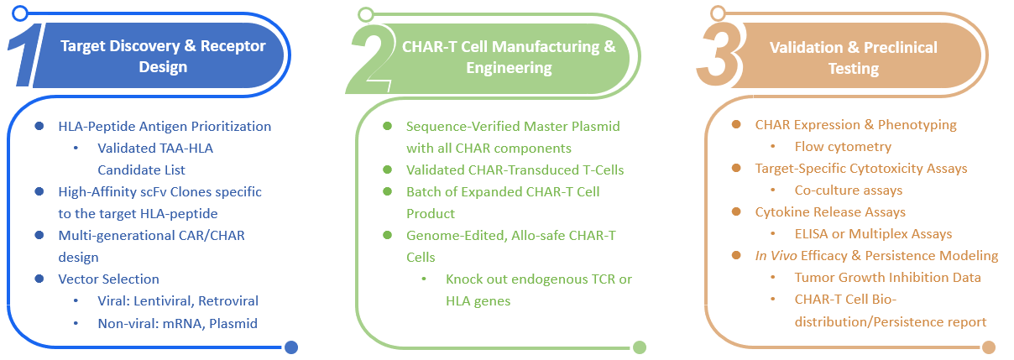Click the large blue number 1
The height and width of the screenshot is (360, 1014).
27,55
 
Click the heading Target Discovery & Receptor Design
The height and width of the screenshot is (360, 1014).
163,56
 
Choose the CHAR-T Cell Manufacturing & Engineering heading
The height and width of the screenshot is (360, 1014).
509,56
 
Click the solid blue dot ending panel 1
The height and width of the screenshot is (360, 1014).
291,347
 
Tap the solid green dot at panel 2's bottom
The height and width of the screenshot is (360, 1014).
639,347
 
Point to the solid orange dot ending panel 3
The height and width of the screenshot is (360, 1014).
988,347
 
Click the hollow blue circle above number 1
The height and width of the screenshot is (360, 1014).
21,13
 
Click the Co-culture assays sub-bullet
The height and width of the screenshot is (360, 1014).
849,190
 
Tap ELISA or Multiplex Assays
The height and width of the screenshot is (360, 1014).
873,234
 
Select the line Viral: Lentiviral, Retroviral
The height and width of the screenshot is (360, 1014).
178,300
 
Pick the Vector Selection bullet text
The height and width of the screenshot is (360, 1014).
108,279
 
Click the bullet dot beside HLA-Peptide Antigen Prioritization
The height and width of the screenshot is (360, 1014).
39,126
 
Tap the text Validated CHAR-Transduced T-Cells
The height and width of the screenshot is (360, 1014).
515,170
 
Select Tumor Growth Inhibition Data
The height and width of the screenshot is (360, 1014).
887,278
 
